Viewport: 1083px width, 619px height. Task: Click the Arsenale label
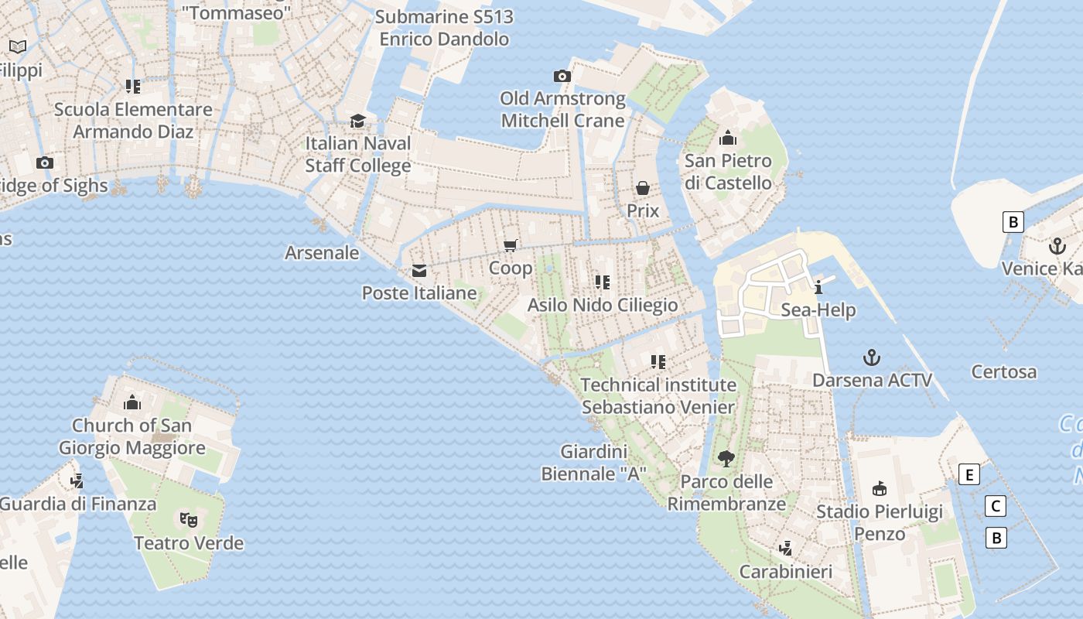(322, 253)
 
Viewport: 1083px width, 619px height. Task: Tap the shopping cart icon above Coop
(510, 246)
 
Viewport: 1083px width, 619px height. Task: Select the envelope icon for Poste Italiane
(419, 271)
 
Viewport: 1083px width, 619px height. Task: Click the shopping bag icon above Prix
(643, 188)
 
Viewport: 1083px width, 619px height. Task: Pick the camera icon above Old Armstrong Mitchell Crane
(562, 76)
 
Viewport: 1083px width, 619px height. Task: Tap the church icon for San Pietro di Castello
(727, 139)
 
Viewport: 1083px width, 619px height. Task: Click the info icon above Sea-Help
(818, 288)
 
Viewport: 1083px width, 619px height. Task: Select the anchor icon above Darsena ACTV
(872, 357)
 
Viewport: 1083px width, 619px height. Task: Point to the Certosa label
(1003, 372)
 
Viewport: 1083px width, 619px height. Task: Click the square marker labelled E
(969, 474)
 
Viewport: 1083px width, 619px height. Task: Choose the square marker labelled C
(996, 507)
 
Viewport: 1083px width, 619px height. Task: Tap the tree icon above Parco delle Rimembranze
(726, 459)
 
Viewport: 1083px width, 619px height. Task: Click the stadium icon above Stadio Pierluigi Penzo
(880, 488)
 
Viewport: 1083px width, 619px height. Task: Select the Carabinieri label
(786, 572)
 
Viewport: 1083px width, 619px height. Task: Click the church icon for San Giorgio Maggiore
(132, 402)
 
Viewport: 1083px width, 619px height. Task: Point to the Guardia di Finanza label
(77, 504)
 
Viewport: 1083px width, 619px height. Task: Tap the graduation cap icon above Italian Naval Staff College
(357, 121)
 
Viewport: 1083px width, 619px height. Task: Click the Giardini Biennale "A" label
(593, 463)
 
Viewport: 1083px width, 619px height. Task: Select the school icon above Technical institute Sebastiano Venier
(658, 361)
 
